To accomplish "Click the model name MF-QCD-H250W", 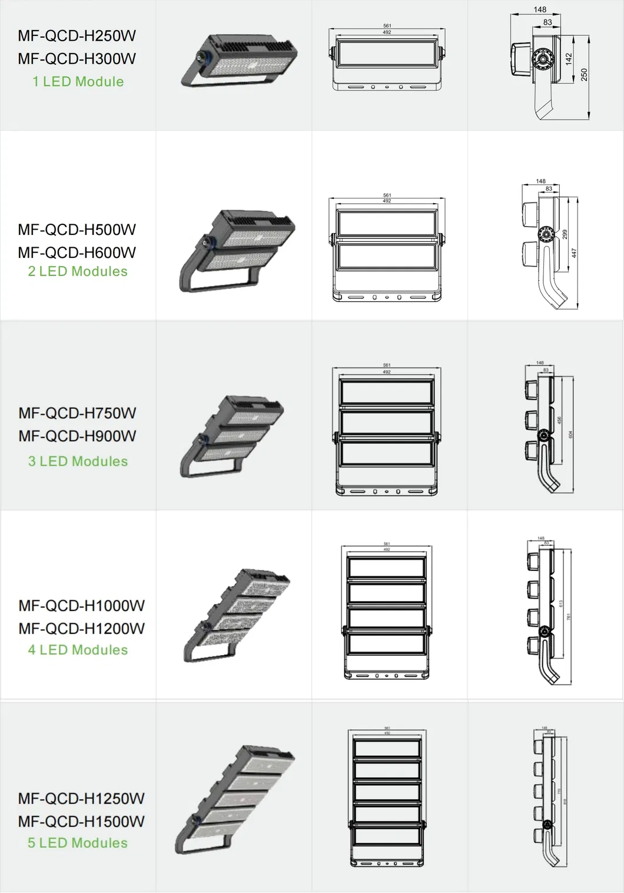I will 77,36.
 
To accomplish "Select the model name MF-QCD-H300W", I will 77,59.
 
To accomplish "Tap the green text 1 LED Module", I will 78,82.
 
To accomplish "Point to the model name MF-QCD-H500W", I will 77,230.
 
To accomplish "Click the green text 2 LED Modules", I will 78,271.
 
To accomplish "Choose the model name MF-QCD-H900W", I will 77,436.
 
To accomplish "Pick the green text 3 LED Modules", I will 78,462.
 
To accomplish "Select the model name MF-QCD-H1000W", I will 81,606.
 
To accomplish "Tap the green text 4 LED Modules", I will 78,650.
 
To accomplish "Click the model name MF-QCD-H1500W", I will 81,822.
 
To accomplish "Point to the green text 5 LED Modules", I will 78,843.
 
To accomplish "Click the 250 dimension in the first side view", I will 584,75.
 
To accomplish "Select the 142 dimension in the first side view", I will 569,59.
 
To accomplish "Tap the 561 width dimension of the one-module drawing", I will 387,26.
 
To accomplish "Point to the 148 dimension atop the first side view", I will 540,9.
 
